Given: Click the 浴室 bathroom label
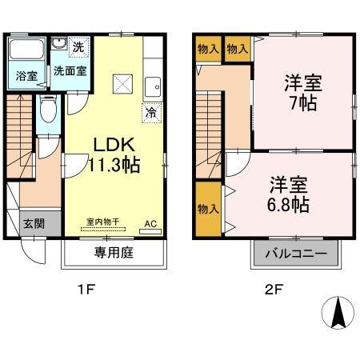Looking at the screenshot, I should tap(26, 76).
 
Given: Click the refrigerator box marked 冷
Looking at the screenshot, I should tap(150, 112).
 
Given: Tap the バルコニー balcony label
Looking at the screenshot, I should tap(295, 254).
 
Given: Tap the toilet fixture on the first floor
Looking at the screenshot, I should tap(48, 110).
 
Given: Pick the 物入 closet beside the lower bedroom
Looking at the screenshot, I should tap(208, 209).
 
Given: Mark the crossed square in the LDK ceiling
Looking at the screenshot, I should tap(122, 82).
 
